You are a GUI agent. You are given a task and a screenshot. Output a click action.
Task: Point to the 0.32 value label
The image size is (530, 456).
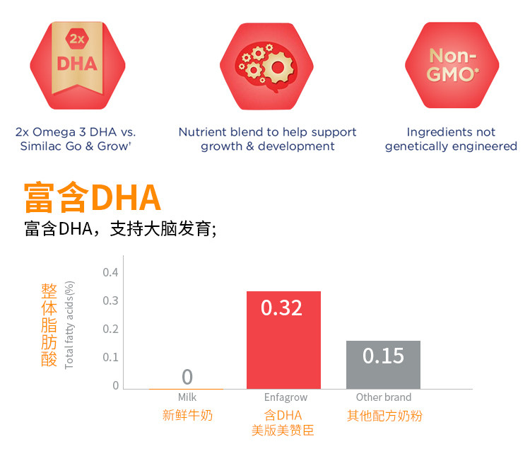[281, 308]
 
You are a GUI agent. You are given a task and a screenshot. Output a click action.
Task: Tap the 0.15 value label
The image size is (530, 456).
[383, 355]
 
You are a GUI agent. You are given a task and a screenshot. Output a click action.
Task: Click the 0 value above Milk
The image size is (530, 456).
[187, 377]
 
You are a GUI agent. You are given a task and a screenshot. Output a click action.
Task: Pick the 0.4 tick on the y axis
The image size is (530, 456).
[110, 272]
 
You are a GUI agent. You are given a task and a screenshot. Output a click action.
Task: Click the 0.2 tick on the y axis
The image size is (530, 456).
[110, 329]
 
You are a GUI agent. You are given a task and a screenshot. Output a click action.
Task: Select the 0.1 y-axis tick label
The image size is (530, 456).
[110, 357]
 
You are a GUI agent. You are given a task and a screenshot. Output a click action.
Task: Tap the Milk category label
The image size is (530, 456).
[187, 397]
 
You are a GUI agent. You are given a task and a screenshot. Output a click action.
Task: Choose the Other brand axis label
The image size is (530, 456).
[383, 397]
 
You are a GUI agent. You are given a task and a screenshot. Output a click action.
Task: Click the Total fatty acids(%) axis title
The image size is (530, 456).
[69, 325]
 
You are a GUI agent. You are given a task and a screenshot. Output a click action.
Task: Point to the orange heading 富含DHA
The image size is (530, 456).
[93, 198]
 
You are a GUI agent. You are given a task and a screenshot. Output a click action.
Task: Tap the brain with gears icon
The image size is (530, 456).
[266, 65]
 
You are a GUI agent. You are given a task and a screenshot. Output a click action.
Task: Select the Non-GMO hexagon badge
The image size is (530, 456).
[452, 65]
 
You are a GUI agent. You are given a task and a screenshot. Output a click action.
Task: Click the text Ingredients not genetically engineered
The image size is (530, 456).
[451, 139]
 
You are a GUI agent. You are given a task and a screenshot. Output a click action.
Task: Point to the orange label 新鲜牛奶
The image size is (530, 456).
[187, 416]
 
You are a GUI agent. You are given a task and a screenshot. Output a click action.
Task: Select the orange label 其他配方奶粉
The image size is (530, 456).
[384, 416]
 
